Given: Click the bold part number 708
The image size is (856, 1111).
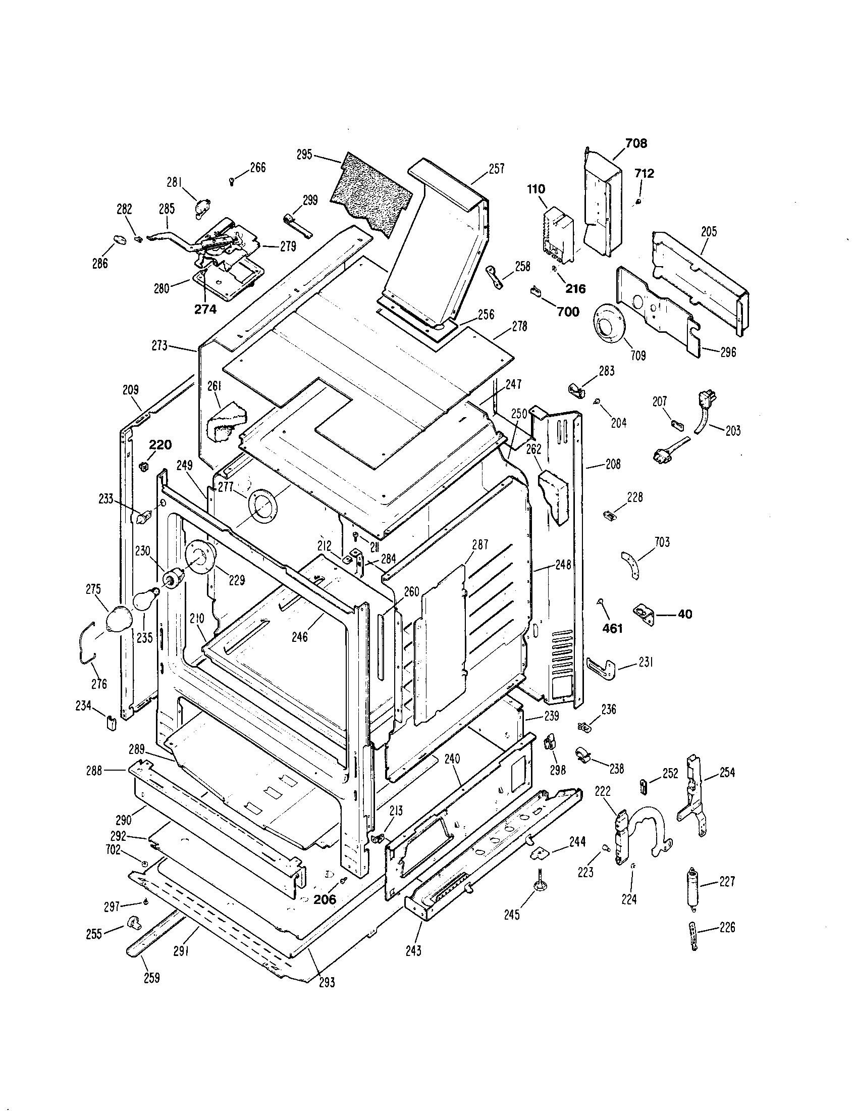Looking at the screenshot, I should pyautogui.click(x=636, y=143).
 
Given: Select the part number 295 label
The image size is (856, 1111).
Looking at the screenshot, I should pyautogui.click(x=304, y=155).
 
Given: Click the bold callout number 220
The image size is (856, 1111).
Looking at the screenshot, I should pyautogui.click(x=160, y=445).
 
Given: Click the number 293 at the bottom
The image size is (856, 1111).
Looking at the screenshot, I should pyautogui.click(x=327, y=982).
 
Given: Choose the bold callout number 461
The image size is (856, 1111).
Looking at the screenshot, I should pyautogui.click(x=612, y=629).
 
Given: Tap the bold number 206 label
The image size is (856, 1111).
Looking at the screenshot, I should pyautogui.click(x=325, y=899).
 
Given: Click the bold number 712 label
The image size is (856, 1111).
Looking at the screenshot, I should pyautogui.click(x=644, y=173).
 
